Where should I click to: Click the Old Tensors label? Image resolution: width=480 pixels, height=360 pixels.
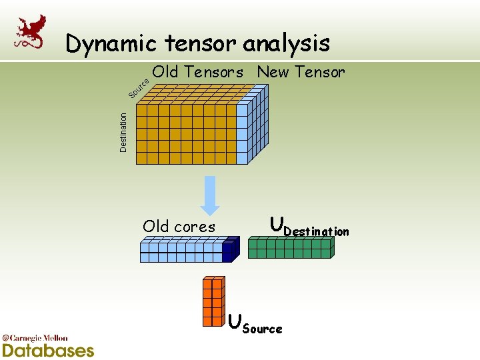point(197,72)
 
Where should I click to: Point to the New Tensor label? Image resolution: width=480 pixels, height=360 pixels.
point(301,72)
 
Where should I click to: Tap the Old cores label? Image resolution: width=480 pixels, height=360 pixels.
point(179,227)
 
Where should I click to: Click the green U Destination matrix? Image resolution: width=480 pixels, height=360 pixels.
point(291,248)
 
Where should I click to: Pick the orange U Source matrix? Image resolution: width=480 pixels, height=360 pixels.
point(213,301)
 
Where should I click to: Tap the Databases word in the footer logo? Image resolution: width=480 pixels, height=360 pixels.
point(48,350)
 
